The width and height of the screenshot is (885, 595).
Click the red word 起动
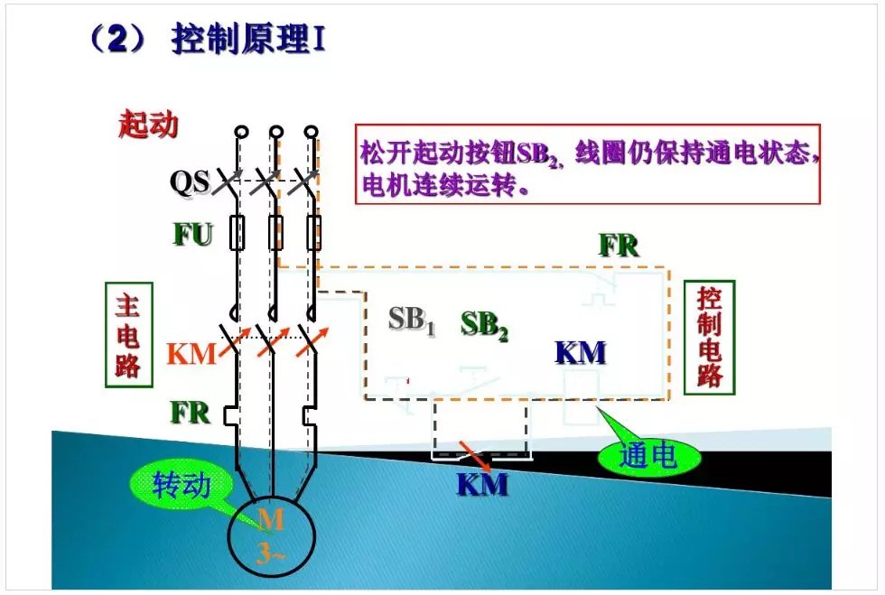coord(148,125)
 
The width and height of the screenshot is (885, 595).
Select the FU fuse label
coord(193,235)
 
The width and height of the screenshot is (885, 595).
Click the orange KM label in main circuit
coord(191,354)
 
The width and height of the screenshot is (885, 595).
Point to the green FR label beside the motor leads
coord(191,413)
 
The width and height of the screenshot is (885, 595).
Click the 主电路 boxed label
coord(127,333)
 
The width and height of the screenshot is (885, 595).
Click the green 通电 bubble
coord(647,456)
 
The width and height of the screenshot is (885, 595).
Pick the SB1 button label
coord(412,320)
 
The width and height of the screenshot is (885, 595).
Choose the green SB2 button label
coord(484,325)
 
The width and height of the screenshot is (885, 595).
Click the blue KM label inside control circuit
coord(581,352)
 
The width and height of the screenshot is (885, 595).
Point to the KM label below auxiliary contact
coord(481,485)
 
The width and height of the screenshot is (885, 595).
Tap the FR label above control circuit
coord(619,245)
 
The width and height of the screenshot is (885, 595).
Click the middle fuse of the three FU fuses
coord(277,232)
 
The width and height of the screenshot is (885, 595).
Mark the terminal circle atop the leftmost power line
coord(240,132)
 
